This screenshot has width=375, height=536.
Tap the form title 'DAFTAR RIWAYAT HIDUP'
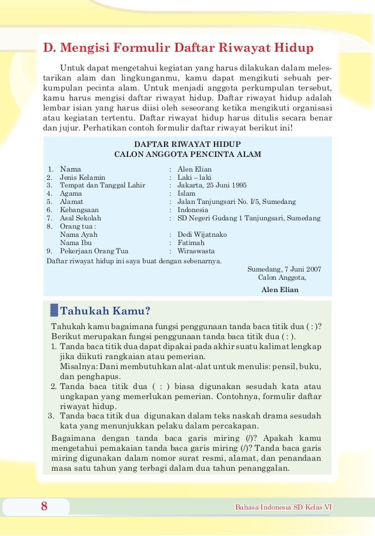click(x=187, y=144)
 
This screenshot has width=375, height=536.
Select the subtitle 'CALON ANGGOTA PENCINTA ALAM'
click(x=187, y=155)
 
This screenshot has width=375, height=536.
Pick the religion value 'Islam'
click(x=186, y=193)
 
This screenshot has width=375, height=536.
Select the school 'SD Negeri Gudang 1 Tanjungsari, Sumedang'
click(x=249, y=218)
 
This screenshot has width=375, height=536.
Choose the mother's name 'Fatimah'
click(x=191, y=243)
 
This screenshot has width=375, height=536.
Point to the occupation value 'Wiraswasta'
click(x=196, y=251)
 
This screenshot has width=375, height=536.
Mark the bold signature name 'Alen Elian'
click(x=280, y=290)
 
